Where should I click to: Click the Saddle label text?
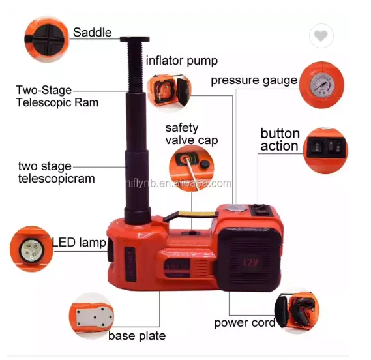(x=92, y=32)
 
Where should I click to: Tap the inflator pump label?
(x=181, y=61)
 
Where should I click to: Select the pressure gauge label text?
(x=254, y=81)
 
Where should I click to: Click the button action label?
(x=280, y=140)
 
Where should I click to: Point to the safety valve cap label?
(x=191, y=134)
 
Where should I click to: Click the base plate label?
(x=136, y=336)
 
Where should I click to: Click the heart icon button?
(x=319, y=37)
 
